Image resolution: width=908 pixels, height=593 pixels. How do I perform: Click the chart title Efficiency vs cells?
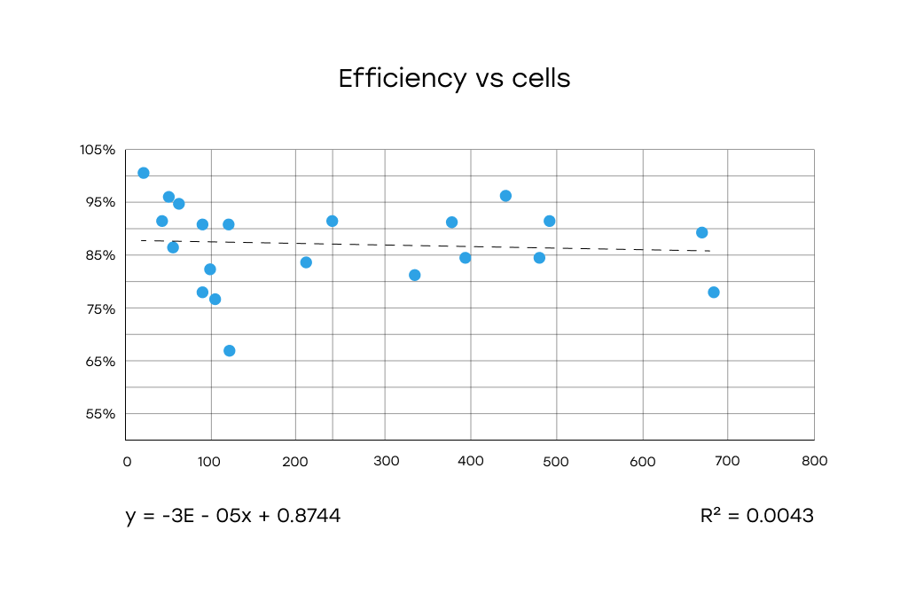tap(454, 79)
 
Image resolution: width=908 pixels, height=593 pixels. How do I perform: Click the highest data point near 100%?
tap(144, 173)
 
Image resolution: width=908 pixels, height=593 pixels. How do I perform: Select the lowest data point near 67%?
tap(230, 351)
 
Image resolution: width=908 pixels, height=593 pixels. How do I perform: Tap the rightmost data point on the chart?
tap(714, 293)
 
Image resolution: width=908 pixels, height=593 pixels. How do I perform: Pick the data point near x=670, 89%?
tap(702, 232)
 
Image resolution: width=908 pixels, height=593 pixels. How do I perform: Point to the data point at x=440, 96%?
tap(506, 196)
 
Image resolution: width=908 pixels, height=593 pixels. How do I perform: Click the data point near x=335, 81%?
tap(415, 276)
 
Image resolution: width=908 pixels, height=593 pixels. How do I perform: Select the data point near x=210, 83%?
tap(306, 262)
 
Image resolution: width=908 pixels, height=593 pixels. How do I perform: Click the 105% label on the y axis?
tap(98, 150)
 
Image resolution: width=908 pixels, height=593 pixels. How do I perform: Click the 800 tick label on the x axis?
tap(814, 461)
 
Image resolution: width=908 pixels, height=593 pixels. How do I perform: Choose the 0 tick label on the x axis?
tap(127, 461)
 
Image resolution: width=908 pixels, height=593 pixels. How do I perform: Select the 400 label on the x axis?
tap(470, 461)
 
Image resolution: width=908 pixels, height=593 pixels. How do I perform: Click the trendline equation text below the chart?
tap(233, 516)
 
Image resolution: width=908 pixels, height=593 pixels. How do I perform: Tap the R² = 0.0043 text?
tap(756, 516)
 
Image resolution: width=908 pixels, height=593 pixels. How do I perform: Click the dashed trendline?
tap(426, 246)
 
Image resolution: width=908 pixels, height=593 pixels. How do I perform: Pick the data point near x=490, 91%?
tap(550, 221)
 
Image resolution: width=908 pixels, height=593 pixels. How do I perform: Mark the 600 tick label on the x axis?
tap(642, 461)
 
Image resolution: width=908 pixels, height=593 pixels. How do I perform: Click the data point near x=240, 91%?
tap(333, 221)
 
